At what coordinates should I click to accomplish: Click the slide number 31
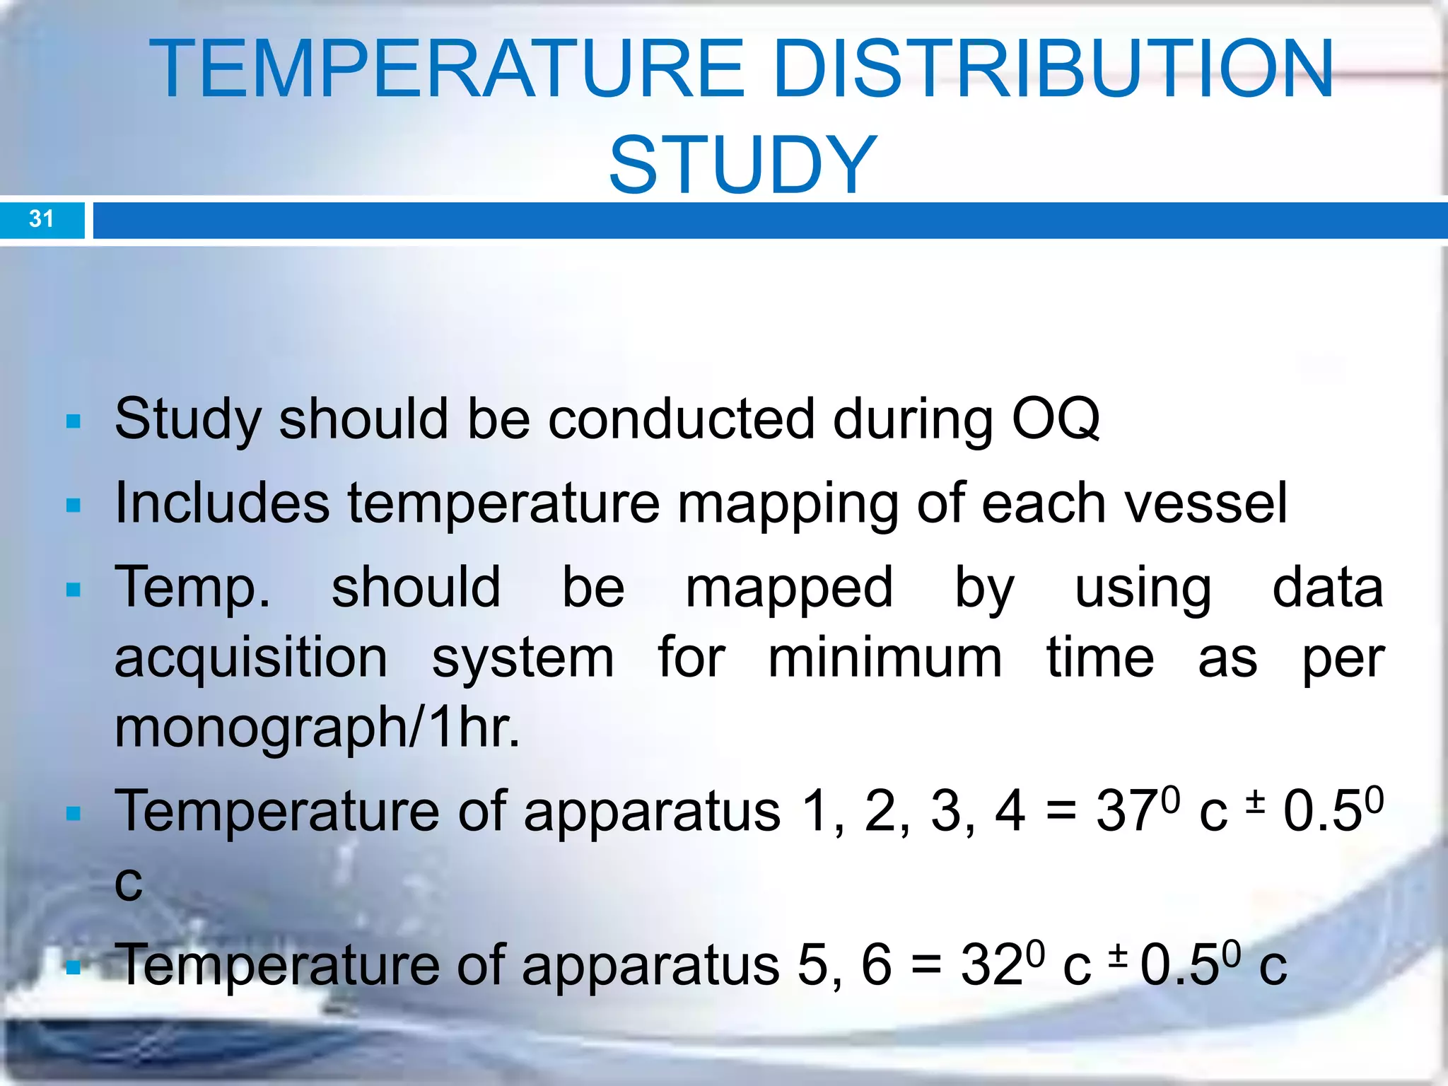coord(41,218)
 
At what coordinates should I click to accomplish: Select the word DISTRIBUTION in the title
coord(1053,69)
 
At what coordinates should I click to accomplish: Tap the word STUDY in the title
coord(742,165)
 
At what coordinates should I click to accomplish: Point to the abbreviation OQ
coord(1056,419)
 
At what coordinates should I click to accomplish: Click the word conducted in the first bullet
coord(681,419)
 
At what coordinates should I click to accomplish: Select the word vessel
coord(1205,503)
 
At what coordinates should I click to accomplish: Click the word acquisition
coord(251,659)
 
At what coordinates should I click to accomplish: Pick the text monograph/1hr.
coord(317,728)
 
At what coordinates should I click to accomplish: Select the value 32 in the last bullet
coord(991,966)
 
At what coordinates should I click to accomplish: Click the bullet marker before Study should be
coord(73,422)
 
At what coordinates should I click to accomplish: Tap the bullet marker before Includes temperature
coord(73,506)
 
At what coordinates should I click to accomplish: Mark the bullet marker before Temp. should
coord(73,589)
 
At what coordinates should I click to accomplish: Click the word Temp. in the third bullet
coord(192,588)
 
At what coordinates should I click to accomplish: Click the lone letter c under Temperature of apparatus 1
coord(128,884)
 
